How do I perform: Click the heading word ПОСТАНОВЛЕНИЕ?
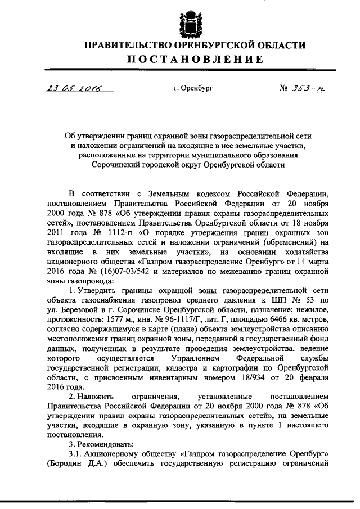179,60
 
